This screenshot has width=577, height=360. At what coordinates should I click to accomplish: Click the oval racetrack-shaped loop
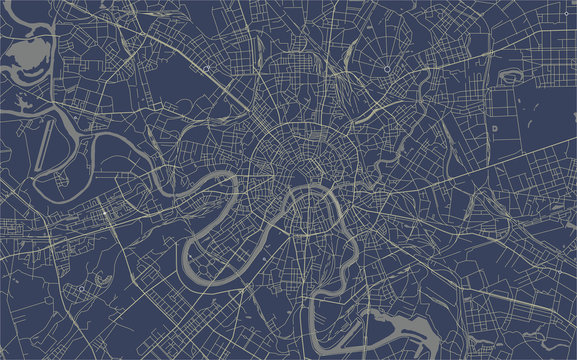(508, 76)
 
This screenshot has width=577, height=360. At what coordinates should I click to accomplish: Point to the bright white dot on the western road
(106, 213)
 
